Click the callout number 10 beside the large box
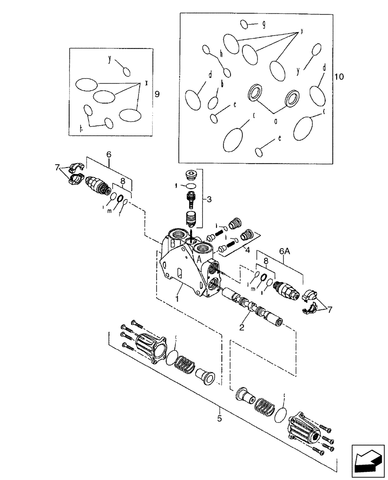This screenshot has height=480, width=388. [x=339, y=76]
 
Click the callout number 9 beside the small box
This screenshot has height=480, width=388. [x=157, y=95]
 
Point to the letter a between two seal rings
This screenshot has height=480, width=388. [x=276, y=121]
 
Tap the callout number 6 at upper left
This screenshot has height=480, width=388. [x=109, y=155]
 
